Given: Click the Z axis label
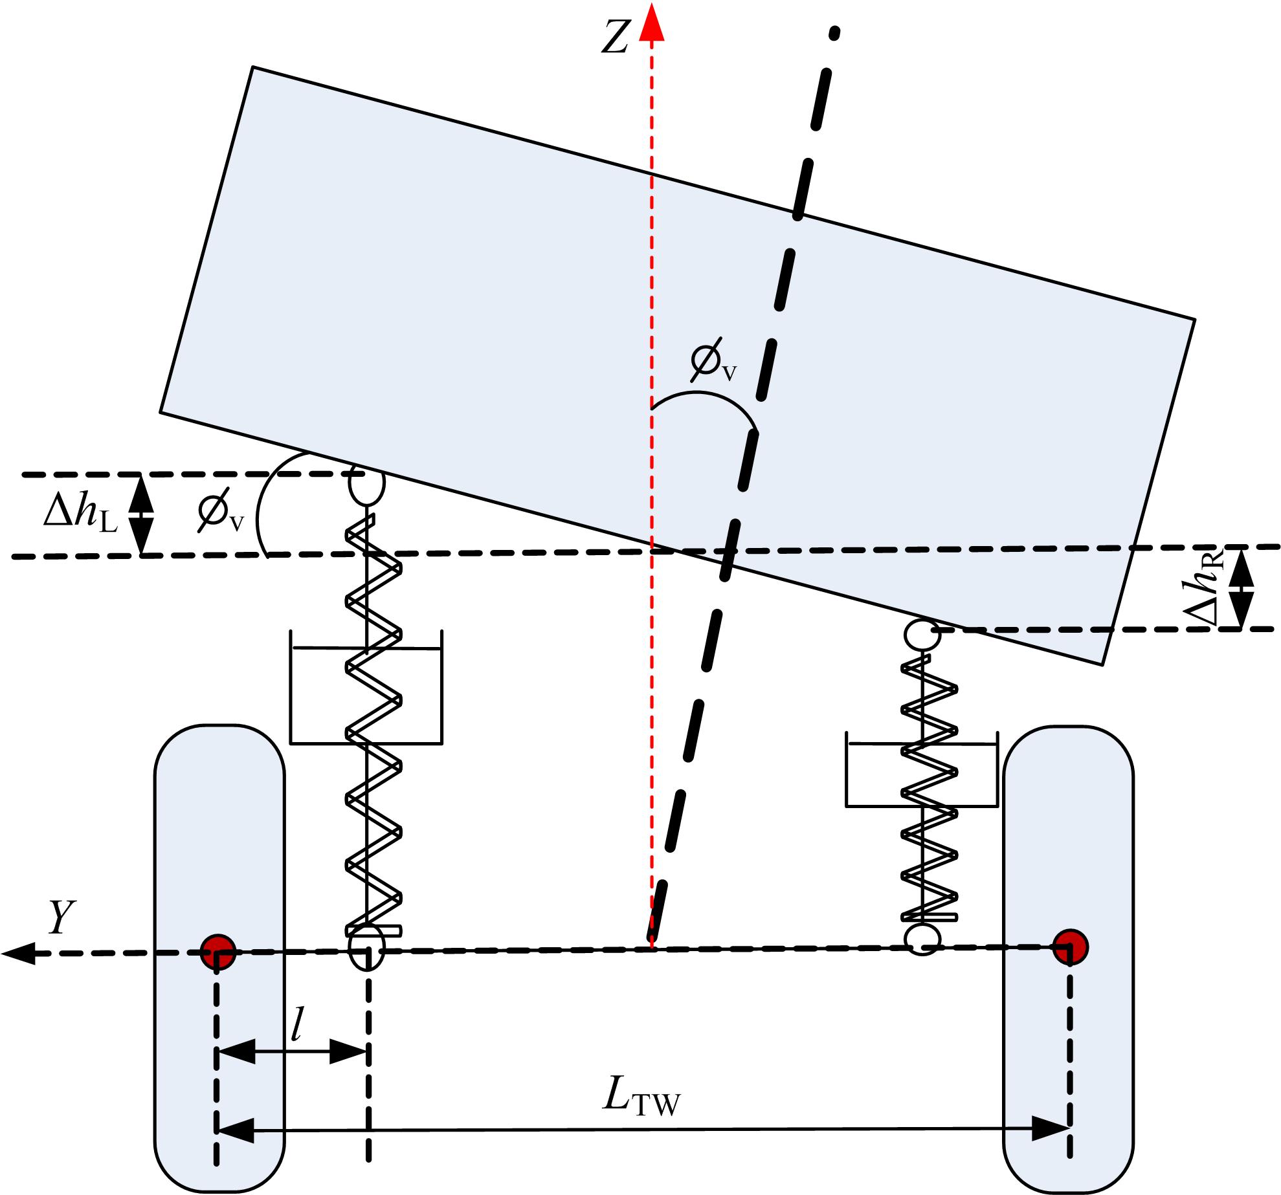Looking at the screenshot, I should [x=616, y=38].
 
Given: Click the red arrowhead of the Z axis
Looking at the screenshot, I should [x=652, y=22].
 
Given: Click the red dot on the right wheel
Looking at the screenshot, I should [x=1070, y=947].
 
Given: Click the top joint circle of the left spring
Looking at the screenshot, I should [x=366, y=483].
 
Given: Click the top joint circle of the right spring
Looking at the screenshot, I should [x=922, y=635].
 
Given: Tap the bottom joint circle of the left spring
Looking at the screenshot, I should [x=366, y=949].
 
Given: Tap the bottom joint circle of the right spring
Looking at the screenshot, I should [x=922, y=939].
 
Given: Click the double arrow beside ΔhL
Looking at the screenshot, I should [x=142, y=515].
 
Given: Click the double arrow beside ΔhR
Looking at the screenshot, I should [x=1242, y=588].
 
